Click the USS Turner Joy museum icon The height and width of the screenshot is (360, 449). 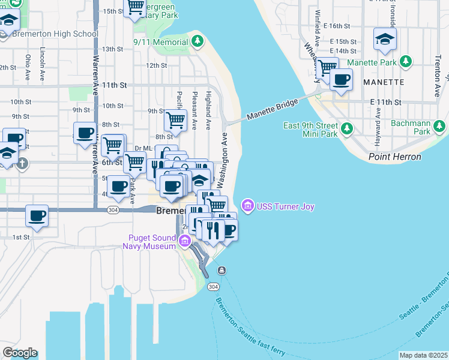(x=247, y=206)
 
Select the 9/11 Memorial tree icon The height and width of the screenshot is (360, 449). (x=197, y=41)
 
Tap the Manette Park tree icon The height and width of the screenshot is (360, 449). (x=406, y=62)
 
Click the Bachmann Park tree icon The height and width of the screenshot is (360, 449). (x=440, y=126)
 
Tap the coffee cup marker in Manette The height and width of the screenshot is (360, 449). (x=342, y=79)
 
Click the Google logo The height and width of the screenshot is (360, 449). (x=20, y=353)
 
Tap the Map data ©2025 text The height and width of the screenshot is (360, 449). (x=423, y=355)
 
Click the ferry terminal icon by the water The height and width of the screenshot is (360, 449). (x=221, y=270)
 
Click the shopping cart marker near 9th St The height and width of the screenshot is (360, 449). (x=175, y=119)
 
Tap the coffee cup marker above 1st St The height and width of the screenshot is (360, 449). (x=37, y=215)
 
